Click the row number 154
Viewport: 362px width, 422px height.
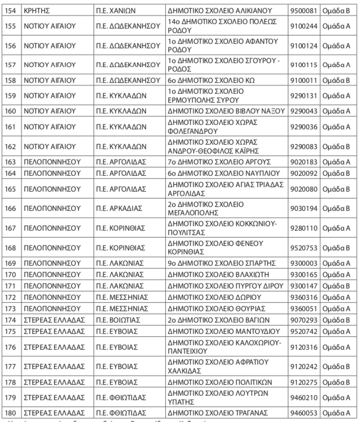pyautogui.click(x=10, y=10)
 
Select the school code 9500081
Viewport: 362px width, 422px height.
pyautogui.click(x=303, y=10)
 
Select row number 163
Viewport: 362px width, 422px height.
pyautogui.click(x=10, y=162)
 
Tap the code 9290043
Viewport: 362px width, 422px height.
pyautogui.click(x=303, y=110)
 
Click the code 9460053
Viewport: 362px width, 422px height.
pyautogui.click(x=303, y=413)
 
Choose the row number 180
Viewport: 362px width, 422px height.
pyautogui.click(x=10, y=413)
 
